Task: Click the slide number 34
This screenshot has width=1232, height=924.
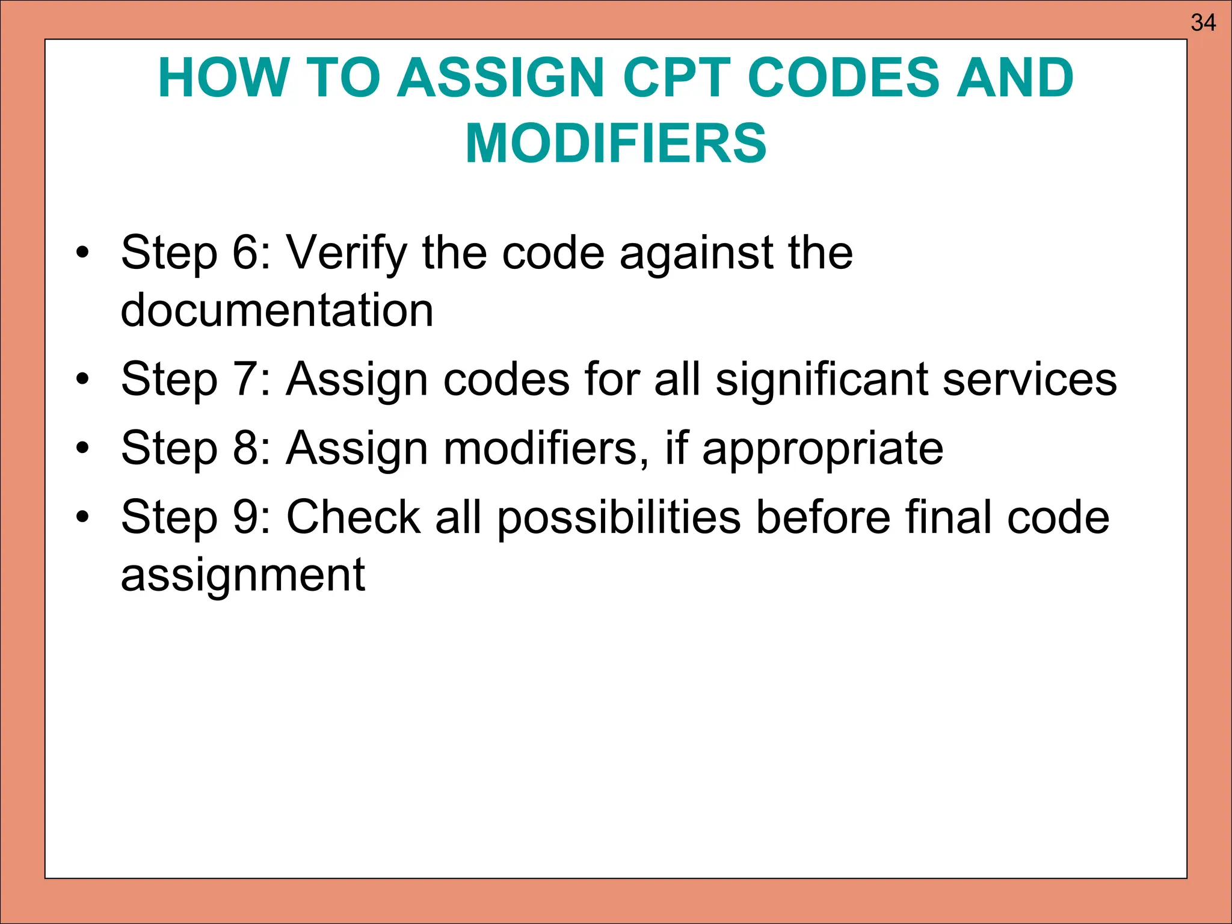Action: [1203, 23]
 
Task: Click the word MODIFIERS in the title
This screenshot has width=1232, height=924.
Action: [616, 143]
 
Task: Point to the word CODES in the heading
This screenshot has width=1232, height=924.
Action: [842, 78]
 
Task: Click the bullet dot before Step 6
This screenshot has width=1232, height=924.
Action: [82, 253]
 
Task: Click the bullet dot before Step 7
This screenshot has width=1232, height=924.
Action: [82, 380]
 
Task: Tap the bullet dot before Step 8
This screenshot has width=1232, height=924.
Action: [82, 448]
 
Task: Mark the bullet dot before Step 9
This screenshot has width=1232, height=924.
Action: [82, 517]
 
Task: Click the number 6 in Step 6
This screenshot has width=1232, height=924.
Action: [244, 253]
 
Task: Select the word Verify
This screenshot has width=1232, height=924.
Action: [346, 253]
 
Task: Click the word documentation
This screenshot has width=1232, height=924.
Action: [277, 310]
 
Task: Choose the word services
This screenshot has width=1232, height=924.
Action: [1030, 380]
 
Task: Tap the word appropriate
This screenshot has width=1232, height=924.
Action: [822, 449]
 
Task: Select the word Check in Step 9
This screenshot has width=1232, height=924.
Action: [353, 517]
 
